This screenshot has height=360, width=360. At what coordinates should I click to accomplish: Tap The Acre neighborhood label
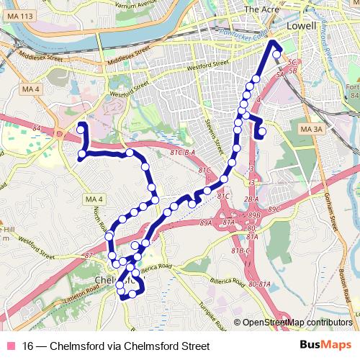coord(260,9)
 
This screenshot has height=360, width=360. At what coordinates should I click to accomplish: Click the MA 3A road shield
coord(312,129)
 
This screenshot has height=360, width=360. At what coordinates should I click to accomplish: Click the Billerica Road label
coord(158,267)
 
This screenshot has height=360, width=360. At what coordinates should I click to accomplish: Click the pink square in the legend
coord(10,346)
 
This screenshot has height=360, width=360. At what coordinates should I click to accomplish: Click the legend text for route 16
coord(116,346)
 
